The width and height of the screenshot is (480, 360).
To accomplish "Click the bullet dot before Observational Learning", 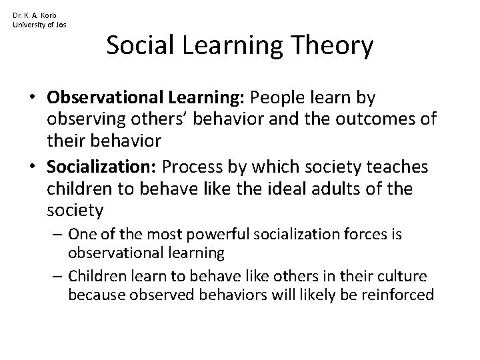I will point(33,98).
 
